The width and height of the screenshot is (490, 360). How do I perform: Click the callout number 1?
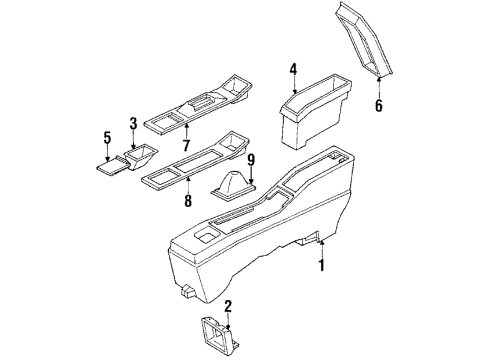[x=322, y=267]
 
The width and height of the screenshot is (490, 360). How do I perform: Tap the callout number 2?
[x=229, y=307]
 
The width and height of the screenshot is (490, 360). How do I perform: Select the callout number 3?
[x=133, y=125]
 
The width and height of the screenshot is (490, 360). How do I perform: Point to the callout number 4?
[x=294, y=69]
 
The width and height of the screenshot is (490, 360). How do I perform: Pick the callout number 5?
[x=108, y=139]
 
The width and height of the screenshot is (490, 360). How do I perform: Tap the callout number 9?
[x=252, y=159]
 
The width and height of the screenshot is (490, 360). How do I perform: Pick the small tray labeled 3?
[x=138, y=157]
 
